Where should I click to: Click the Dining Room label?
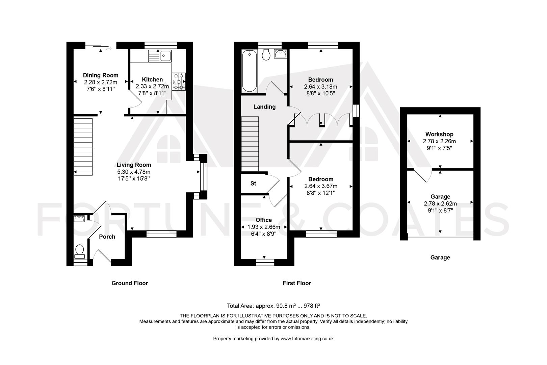101,75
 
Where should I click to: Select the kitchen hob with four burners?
179,82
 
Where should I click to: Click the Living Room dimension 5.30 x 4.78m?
134,172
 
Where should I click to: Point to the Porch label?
107,237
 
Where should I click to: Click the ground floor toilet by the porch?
80,251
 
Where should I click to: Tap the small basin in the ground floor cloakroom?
79,219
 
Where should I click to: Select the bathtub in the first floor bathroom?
250,71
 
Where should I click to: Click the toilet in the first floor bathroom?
266,55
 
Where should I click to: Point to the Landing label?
264,107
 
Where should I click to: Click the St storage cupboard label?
253,184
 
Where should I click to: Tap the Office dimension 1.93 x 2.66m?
264,227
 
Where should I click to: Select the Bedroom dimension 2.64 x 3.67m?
321,186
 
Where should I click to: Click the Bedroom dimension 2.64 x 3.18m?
321,87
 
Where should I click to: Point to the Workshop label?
439,134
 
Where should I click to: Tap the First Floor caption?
296,283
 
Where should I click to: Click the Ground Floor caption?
130,283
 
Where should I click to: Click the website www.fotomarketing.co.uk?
307,339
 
